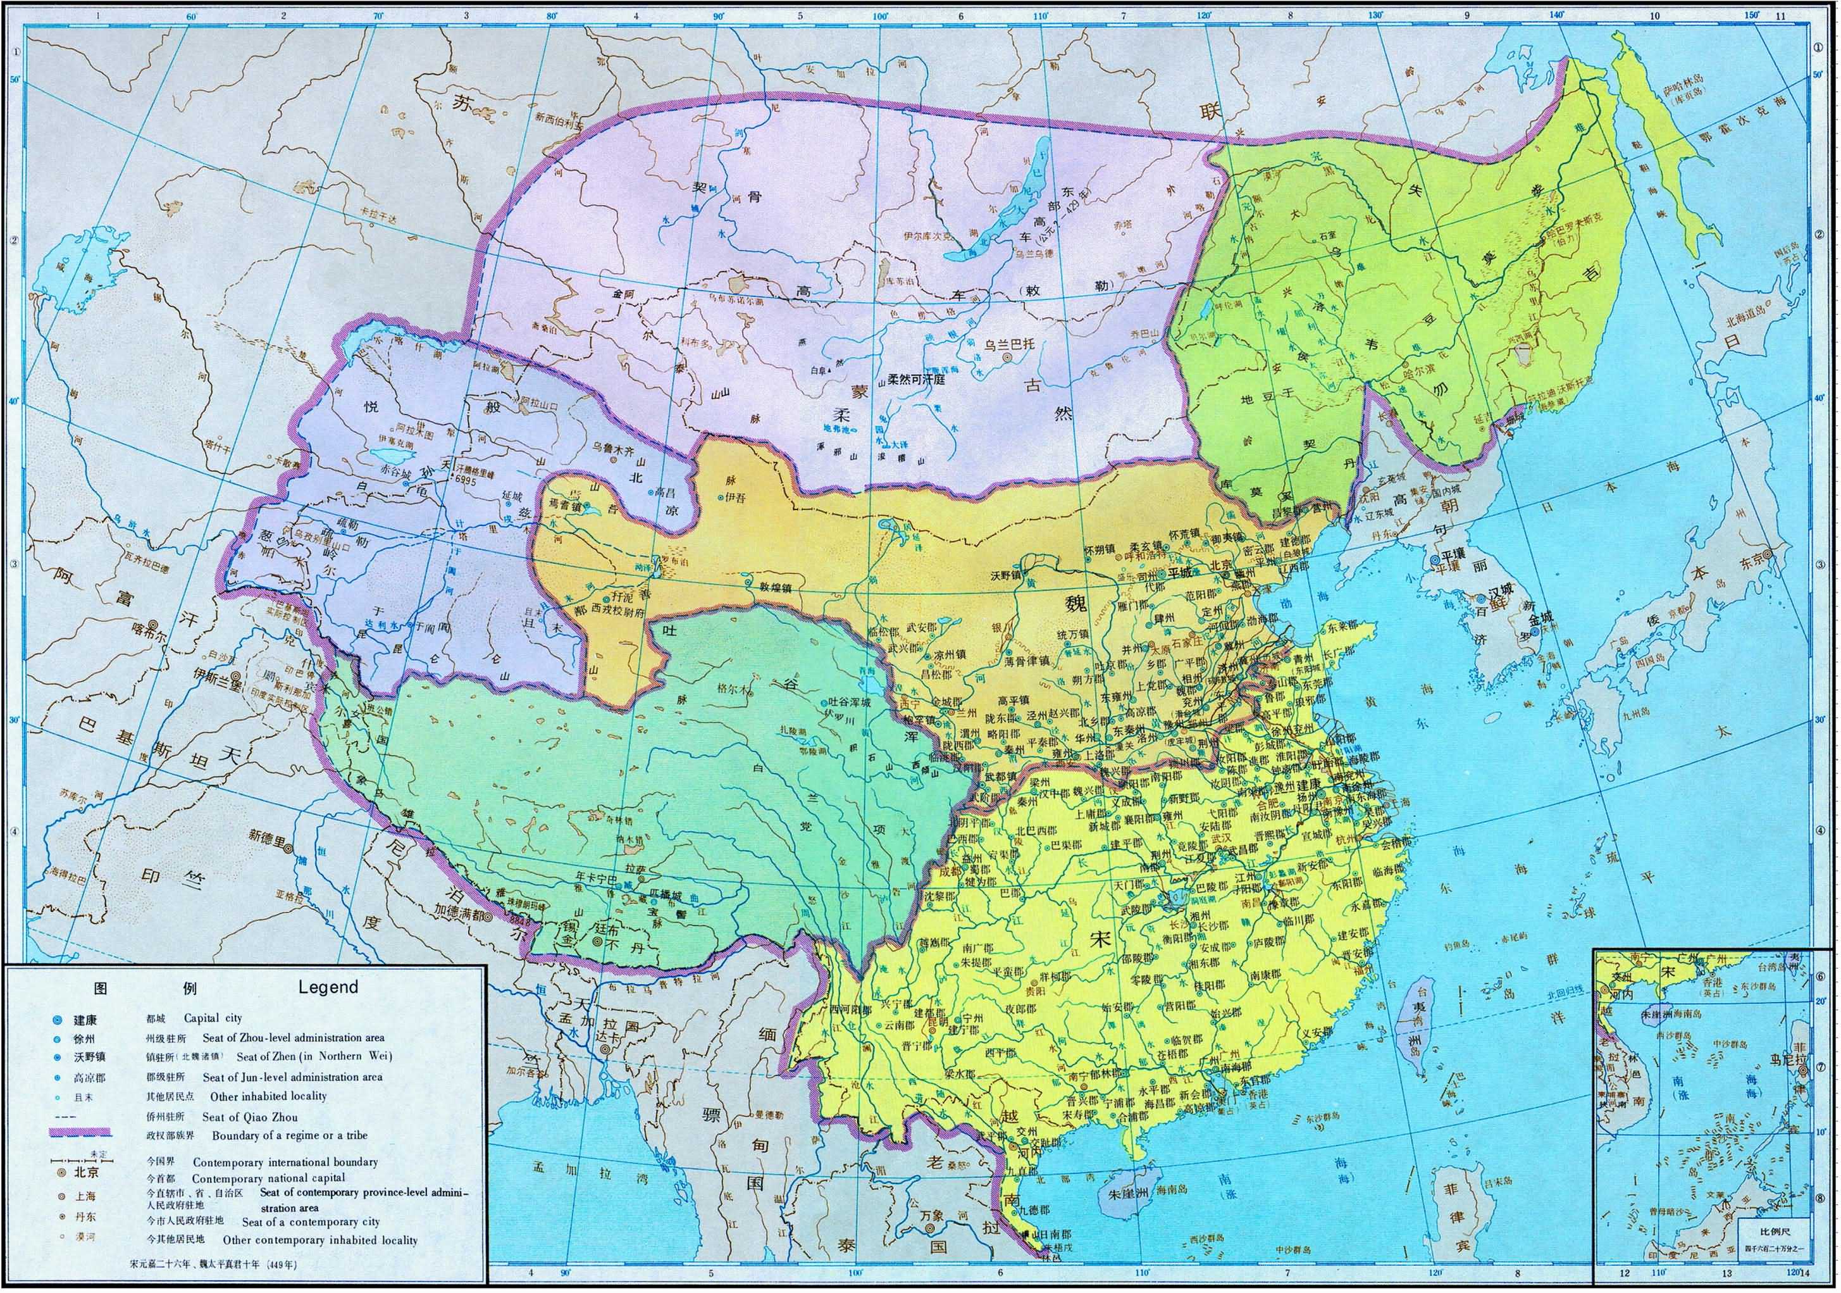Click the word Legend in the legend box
[x=328, y=987]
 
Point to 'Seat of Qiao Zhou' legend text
[x=249, y=1116]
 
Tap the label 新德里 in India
[x=268, y=836]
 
